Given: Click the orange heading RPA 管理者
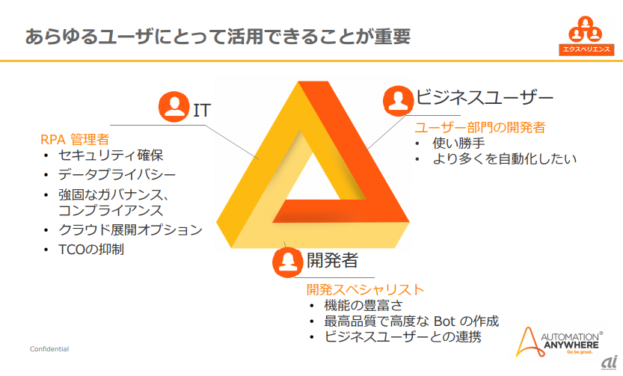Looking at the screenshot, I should [x=75, y=138].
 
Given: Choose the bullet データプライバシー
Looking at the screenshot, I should [x=117, y=175].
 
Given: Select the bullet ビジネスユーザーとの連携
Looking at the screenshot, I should [x=403, y=339].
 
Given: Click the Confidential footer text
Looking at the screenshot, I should [x=49, y=349].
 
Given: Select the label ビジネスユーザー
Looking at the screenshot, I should [x=485, y=97].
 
